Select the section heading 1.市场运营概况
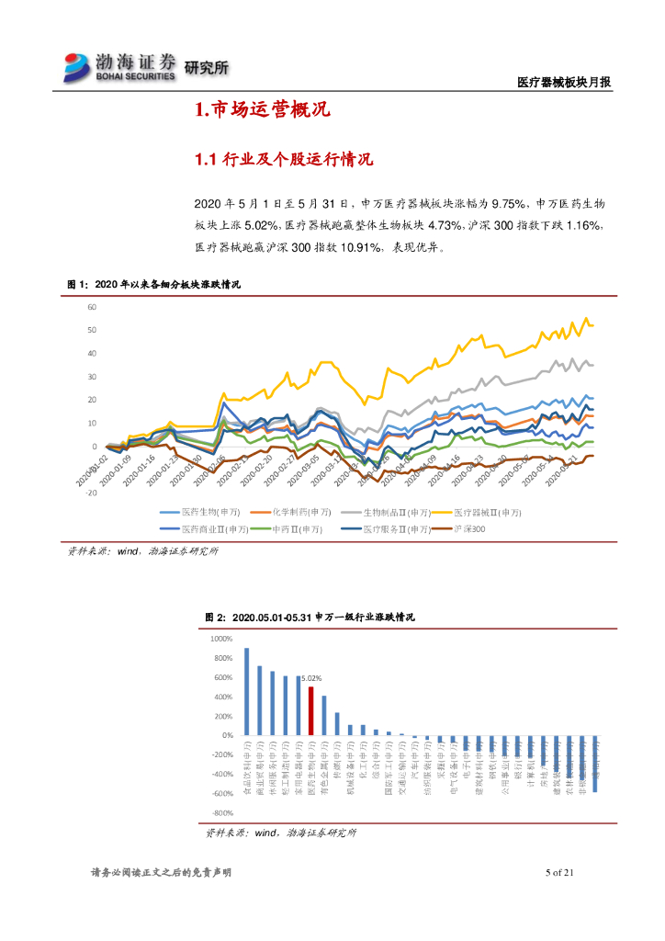tap(262, 111)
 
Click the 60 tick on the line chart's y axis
tap(93, 307)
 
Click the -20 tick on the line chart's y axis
tap(91, 493)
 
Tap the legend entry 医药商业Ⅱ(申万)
tap(204, 529)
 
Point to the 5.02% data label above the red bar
tap(311, 679)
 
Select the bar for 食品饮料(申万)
tap(246, 691)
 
